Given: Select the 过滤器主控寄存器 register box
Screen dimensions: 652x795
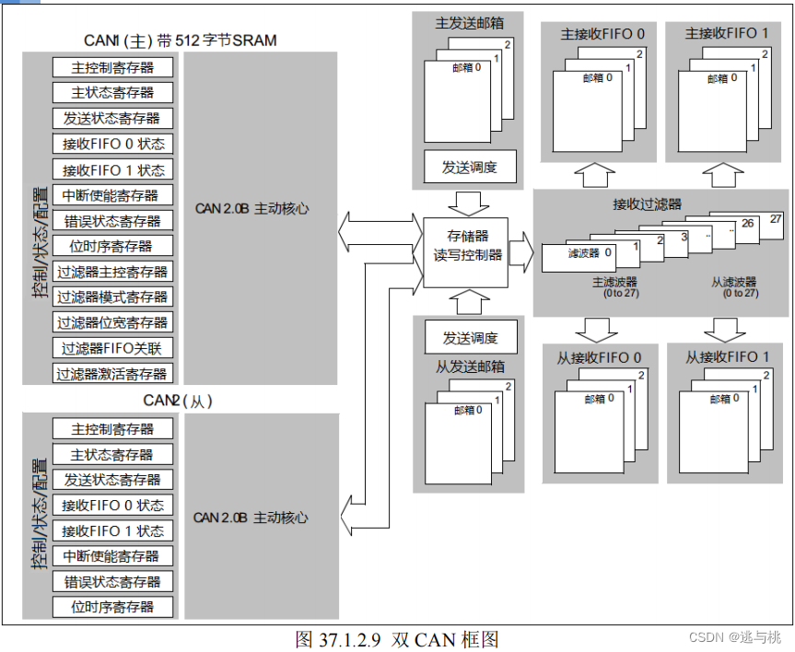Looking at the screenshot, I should pyautogui.click(x=112, y=272).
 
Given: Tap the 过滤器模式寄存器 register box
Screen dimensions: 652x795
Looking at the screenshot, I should pyautogui.click(x=112, y=297).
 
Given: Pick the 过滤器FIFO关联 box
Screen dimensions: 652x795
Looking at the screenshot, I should pyautogui.click(x=112, y=348).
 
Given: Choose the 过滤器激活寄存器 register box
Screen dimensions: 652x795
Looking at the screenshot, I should pyautogui.click(x=112, y=374).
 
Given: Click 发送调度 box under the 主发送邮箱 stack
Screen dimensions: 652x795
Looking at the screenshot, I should pyautogui.click(x=470, y=167).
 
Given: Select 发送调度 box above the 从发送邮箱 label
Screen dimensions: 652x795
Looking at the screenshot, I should pyautogui.click(x=470, y=336).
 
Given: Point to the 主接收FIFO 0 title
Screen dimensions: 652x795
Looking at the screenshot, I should pyautogui.click(x=602, y=34).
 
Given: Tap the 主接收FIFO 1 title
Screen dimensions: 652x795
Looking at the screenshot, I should pyautogui.click(x=726, y=34).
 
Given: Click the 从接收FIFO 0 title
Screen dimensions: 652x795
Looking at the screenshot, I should pyautogui.click(x=599, y=357).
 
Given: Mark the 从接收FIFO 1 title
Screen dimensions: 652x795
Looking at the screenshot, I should pyautogui.click(x=727, y=357).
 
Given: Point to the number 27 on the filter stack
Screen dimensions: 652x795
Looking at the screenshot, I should pyautogui.click(x=775, y=219).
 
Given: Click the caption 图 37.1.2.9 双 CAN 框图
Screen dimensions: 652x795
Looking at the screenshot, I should pyautogui.click(x=397, y=639).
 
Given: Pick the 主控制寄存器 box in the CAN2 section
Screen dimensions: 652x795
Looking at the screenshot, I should pyautogui.click(x=112, y=428).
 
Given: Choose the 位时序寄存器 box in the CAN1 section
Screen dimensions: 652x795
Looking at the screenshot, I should pyautogui.click(x=112, y=246).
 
